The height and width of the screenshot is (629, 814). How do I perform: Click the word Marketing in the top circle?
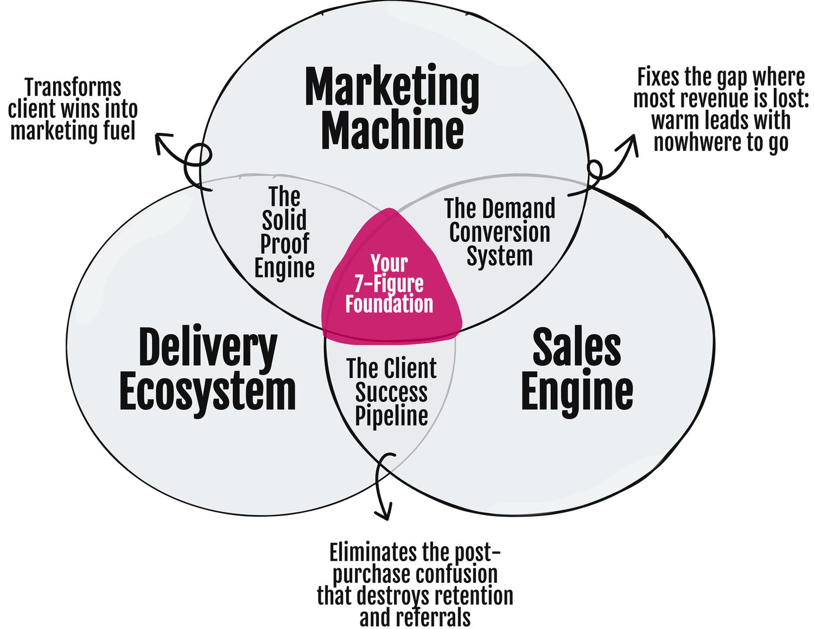pos(392,88)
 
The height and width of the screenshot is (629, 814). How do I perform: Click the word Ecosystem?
pos(208,392)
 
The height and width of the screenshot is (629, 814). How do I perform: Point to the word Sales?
pos(576,348)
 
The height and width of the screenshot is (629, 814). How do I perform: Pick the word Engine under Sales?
pos(576,392)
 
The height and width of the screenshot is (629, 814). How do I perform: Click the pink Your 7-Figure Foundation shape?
pos(389,285)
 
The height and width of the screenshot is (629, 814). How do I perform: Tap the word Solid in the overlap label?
pos(284,220)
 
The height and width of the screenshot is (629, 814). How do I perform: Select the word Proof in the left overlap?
pos(284,244)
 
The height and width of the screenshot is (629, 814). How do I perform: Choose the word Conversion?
pos(499,232)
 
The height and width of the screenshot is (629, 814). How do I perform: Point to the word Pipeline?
pos(391,416)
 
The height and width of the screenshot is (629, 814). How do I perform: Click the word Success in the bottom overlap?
pos(391,392)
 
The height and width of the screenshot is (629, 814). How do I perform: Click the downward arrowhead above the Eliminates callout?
pos(384,513)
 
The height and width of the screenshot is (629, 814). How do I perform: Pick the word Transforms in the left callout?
pos(74,87)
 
